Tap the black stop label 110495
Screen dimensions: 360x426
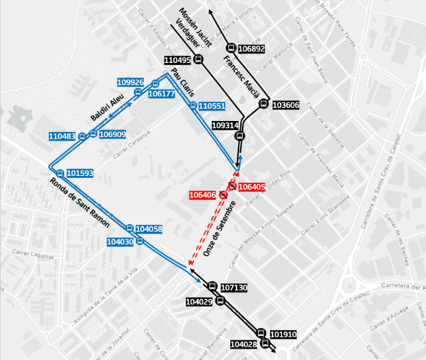point(178,60)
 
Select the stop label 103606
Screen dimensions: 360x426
point(286,106)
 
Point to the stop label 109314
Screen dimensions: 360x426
point(225,125)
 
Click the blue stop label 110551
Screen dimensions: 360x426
point(212,106)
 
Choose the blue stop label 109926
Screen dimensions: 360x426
point(130,82)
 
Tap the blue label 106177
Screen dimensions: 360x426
point(162,94)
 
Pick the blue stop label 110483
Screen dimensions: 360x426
point(62,136)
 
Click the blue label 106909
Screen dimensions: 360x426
point(112,134)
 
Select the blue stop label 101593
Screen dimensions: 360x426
point(80,174)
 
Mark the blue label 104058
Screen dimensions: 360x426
point(149,229)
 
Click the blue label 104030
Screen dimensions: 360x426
point(120,242)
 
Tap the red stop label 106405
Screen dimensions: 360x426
point(251,186)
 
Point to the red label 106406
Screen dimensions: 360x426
point(203,195)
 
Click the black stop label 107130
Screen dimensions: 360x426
point(234,288)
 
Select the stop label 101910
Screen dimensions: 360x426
point(283,334)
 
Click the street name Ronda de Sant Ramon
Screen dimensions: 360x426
point(81,202)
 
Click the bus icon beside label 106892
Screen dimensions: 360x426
point(231,48)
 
